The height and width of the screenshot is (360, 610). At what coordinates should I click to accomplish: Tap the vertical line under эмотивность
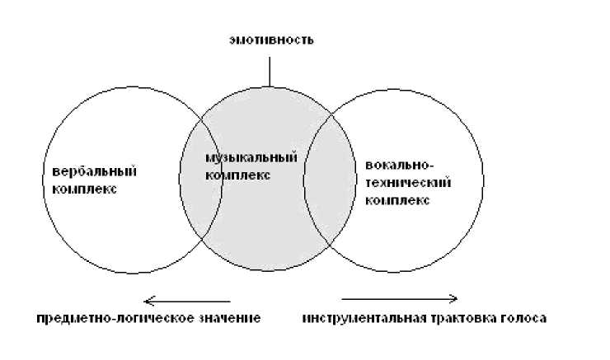(x=269, y=70)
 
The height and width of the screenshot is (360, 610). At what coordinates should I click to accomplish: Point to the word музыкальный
(x=239, y=157)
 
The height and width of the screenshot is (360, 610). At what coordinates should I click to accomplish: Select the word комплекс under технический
(x=396, y=200)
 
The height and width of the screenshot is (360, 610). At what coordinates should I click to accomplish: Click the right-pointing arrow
(x=399, y=298)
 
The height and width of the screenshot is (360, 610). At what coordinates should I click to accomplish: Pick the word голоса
(x=523, y=318)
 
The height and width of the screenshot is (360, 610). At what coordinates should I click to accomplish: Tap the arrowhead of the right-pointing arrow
(x=453, y=298)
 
